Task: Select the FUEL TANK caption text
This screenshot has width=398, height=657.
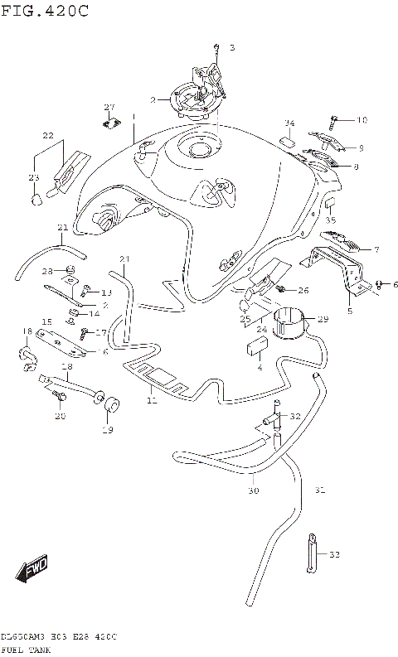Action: pos(27,650)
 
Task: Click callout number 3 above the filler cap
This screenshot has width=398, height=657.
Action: pos(232,48)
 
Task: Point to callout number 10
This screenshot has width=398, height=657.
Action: pos(362,121)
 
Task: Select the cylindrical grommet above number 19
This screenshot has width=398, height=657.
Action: pos(109,403)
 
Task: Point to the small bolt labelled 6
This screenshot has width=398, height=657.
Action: pos(380,284)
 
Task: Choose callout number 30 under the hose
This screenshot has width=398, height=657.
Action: pos(253,490)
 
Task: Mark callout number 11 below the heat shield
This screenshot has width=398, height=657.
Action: pos(150,401)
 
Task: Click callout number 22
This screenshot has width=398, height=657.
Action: pos(48,136)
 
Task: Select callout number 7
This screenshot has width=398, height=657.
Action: pos(376,249)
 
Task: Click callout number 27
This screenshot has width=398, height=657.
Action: pos(108,108)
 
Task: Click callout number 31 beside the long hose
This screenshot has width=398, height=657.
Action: pos(319,490)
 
